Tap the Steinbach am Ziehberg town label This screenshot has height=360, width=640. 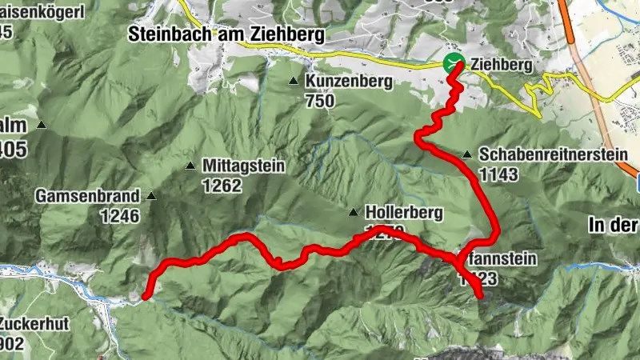(227, 35)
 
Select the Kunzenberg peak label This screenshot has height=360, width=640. (348, 82)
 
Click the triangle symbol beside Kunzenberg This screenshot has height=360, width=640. (294, 82)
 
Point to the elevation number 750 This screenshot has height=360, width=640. (318, 102)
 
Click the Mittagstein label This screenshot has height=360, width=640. (244, 166)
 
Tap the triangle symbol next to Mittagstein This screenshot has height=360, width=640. (190, 166)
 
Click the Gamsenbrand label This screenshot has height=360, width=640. (87, 195)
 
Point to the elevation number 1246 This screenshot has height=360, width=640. (120, 215)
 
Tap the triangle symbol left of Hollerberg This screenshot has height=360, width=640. (353, 213)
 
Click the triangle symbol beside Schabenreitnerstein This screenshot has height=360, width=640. (466, 154)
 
